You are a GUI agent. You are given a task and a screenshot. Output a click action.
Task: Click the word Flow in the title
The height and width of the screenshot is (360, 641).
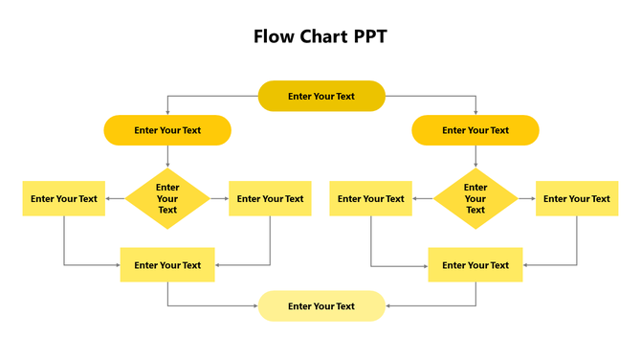(273, 37)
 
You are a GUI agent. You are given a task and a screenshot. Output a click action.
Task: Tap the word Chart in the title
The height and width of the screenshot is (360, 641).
(321, 37)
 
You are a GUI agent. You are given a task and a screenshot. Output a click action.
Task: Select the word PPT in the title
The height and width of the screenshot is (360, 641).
(369, 37)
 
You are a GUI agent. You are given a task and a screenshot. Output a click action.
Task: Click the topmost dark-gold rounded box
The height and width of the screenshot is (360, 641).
(321, 96)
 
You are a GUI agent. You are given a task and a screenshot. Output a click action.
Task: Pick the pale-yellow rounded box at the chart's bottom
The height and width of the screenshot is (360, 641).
(321, 306)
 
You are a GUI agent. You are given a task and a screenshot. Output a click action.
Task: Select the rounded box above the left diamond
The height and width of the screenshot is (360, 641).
(167, 130)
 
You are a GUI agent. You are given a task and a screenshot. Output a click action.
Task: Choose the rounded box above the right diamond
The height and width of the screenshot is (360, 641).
(475, 130)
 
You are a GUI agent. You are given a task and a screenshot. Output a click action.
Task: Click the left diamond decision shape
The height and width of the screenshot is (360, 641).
(167, 199)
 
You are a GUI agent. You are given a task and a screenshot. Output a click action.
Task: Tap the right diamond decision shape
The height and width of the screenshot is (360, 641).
(475, 199)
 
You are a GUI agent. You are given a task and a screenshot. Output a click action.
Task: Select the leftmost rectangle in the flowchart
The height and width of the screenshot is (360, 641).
(64, 199)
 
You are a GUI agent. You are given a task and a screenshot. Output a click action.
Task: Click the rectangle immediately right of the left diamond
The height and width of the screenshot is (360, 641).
(271, 199)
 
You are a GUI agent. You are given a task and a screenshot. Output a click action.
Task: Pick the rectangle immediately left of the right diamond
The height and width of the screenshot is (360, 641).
(371, 199)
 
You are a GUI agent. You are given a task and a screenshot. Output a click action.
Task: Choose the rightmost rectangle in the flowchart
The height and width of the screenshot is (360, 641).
(577, 199)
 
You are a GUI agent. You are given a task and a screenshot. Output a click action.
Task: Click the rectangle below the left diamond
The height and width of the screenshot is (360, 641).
(167, 265)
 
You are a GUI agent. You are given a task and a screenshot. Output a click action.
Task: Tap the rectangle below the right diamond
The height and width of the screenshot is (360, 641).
(475, 265)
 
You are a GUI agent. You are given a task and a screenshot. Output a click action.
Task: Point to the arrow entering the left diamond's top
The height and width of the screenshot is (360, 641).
(167, 164)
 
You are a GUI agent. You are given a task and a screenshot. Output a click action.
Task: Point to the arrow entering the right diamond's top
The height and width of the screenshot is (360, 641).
(475, 164)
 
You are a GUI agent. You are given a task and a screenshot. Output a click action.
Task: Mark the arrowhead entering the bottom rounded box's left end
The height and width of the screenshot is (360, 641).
(254, 306)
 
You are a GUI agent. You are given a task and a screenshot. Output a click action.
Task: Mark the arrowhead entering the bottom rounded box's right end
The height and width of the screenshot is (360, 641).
(388, 306)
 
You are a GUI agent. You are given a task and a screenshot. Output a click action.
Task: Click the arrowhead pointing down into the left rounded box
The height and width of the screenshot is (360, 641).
(167, 112)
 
